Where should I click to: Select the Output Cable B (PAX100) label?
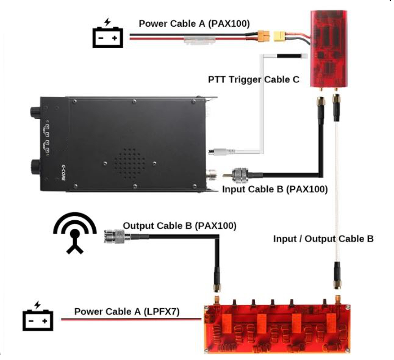[179, 226]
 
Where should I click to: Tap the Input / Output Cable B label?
[323, 239]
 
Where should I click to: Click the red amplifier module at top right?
[329, 48]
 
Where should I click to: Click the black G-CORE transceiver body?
[134, 143]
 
